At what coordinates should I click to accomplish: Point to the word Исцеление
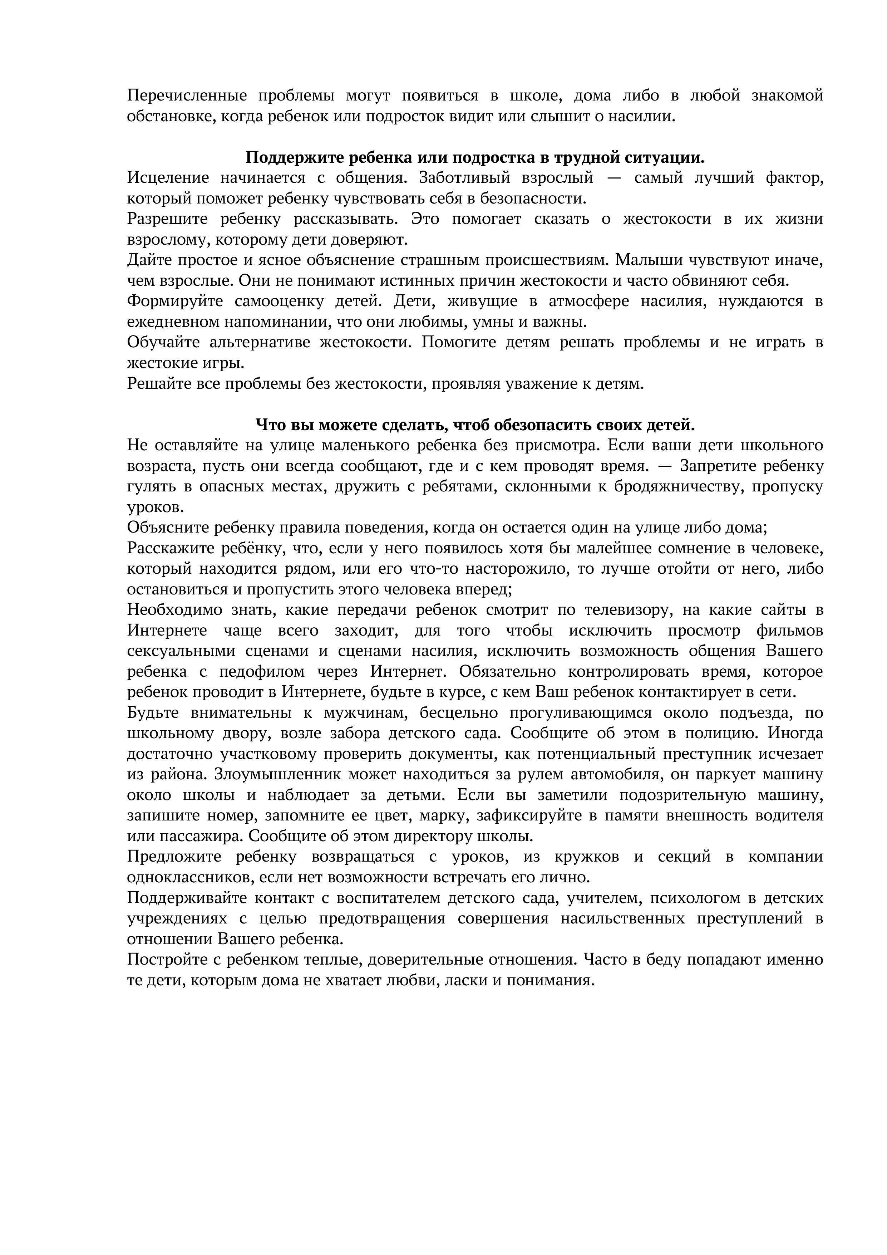tap(168, 178)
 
